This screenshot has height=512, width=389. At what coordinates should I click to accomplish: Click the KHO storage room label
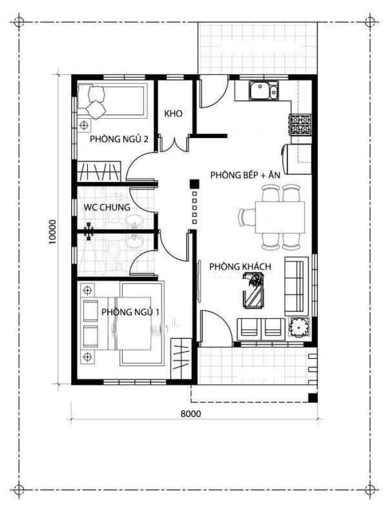[173, 114]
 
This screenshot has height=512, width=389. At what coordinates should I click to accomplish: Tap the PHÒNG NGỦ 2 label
[119, 139]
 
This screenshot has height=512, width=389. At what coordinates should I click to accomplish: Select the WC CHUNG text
[107, 207]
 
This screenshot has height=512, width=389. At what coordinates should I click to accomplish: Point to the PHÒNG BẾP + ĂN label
[245, 175]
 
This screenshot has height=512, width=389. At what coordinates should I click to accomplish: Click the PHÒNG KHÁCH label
[240, 267]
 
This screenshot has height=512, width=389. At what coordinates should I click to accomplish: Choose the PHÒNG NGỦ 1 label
[130, 312]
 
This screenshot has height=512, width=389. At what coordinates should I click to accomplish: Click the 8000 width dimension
[191, 414]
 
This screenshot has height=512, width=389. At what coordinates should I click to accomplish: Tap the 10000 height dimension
[52, 232]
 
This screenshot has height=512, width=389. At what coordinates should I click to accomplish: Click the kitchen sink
[264, 90]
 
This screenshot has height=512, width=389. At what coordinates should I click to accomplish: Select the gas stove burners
[300, 125]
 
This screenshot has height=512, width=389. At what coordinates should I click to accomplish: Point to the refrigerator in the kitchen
[297, 159]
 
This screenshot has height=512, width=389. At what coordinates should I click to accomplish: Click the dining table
[280, 218]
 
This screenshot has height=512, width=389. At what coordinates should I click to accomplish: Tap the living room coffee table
[253, 291]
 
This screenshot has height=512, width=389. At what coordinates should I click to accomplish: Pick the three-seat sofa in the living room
[297, 286]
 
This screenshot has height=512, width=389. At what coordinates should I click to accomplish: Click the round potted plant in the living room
[298, 327]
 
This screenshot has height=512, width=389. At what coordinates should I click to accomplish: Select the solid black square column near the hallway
[194, 184]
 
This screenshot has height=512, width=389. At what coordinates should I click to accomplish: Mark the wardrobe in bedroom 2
[99, 171]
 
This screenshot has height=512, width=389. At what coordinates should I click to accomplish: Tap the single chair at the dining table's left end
[247, 218]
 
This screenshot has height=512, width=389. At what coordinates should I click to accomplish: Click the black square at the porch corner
[313, 397]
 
